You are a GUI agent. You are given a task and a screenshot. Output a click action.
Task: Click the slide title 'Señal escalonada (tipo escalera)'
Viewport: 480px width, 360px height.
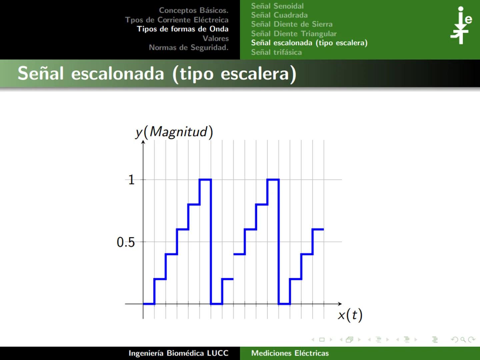pyautogui.click(x=157, y=74)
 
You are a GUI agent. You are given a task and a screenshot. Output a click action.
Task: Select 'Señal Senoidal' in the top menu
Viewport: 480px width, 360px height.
pyautogui.click(x=277, y=6)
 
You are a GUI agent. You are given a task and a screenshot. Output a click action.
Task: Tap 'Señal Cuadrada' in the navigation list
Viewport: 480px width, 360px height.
pyautogui.click(x=279, y=15)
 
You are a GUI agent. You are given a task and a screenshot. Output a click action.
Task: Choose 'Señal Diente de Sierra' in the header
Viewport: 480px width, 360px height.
pyautogui.click(x=292, y=24)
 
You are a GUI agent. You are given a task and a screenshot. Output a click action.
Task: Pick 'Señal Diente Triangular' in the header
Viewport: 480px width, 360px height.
pyautogui.click(x=294, y=33)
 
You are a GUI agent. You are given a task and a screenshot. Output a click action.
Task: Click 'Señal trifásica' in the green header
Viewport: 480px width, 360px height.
pyautogui.click(x=276, y=52)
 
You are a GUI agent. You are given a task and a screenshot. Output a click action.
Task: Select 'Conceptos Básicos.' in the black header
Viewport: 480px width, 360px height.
pyautogui.click(x=193, y=10)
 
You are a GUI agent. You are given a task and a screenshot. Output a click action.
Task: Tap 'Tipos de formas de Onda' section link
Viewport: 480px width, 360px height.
pyautogui.click(x=183, y=29)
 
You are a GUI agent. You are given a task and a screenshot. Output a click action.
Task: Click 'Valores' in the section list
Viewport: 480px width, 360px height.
pyautogui.click(x=215, y=38)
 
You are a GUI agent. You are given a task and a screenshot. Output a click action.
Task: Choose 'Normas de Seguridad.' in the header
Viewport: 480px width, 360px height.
pyautogui.click(x=188, y=47)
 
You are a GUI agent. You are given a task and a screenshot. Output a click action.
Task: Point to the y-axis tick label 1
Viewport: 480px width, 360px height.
pyautogui.click(x=131, y=180)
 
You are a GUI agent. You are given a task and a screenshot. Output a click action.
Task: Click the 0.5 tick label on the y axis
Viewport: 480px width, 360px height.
pyautogui.click(x=126, y=242)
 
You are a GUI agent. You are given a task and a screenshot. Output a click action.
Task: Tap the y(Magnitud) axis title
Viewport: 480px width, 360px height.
pyautogui.click(x=174, y=132)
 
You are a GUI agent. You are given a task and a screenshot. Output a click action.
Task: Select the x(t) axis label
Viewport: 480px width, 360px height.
pyautogui.click(x=350, y=315)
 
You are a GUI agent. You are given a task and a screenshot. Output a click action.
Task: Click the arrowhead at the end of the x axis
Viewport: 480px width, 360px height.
pyautogui.click(x=340, y=304)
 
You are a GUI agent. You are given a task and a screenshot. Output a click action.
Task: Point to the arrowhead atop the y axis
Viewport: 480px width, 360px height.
pyautogui.click(x=143, y=142)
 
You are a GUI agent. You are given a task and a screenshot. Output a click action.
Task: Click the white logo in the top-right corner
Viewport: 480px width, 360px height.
pyautogui.click(x=461, y=25)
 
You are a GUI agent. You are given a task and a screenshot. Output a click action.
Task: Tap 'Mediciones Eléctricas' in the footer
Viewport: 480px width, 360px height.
pyautogui.click(x=290, y=353)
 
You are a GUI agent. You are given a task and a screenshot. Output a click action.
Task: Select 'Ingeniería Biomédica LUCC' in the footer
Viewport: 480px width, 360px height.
pyautogui.click(x=178, y=353)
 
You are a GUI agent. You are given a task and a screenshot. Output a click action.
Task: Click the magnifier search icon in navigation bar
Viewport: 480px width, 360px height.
pyautogui.click(x=463, y=340)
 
